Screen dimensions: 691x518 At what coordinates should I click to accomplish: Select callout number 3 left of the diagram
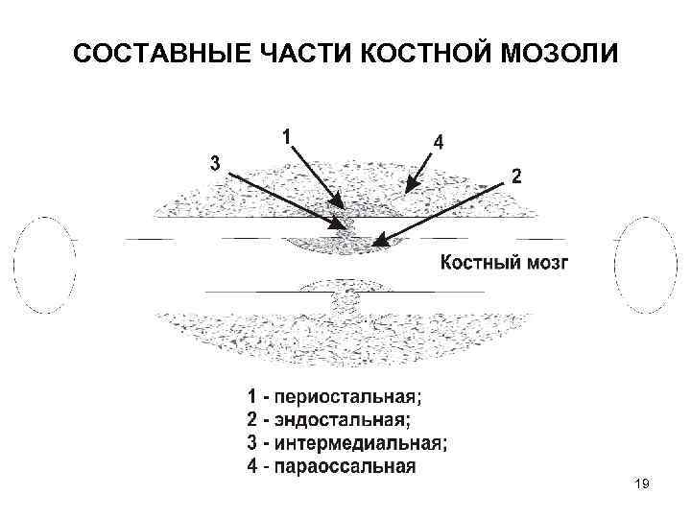coord(216,162)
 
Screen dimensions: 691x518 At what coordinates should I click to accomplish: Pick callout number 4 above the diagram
coord(438,141)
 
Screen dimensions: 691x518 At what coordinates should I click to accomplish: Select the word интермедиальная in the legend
coord(361,442)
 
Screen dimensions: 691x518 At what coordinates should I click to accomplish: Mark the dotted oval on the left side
coord(44,263)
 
